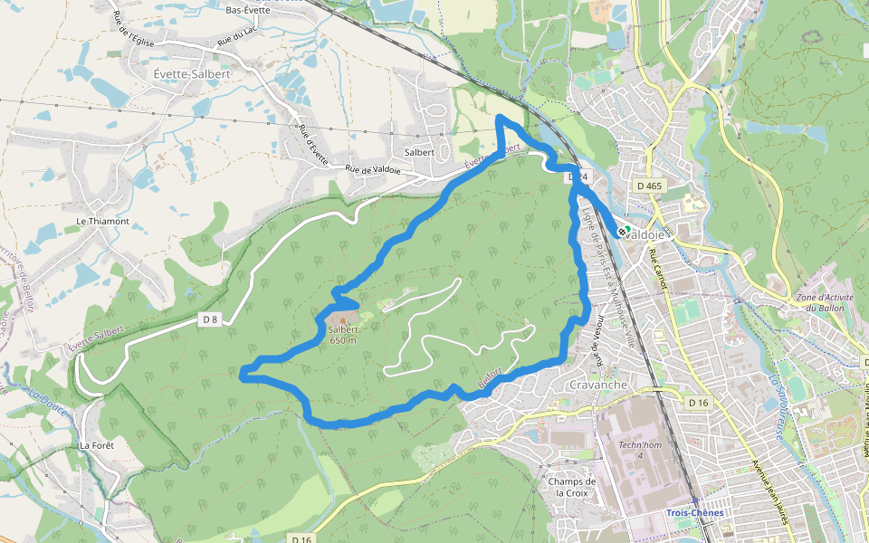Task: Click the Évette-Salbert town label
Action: [x=192, y=73]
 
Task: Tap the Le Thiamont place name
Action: [x=102, y=221]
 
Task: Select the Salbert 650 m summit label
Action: [x=345, y=335]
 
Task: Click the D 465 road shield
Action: [x=650, y=186]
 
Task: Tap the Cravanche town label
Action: [x=598, y=385]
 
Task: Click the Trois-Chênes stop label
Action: [x=694, y=512]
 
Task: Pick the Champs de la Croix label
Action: [x=572, y=487]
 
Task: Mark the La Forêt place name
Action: [x=96, y=445]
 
